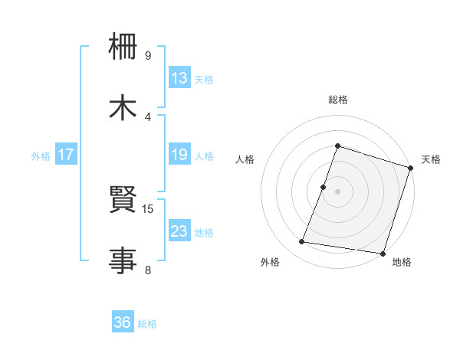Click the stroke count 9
(148, 56)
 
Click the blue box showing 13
(179, 78)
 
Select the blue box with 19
(179, 155)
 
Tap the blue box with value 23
(179, 231)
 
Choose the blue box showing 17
(66, 155)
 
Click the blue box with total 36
(123, 323)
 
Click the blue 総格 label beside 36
(147, 324)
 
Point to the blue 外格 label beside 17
(41, 155)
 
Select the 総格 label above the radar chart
(338, 100)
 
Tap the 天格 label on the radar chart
(432, 159)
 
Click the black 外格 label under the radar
(270, 262)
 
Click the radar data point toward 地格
(383, 253)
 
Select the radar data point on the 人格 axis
(324, 187)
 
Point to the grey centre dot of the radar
(338, 191)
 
